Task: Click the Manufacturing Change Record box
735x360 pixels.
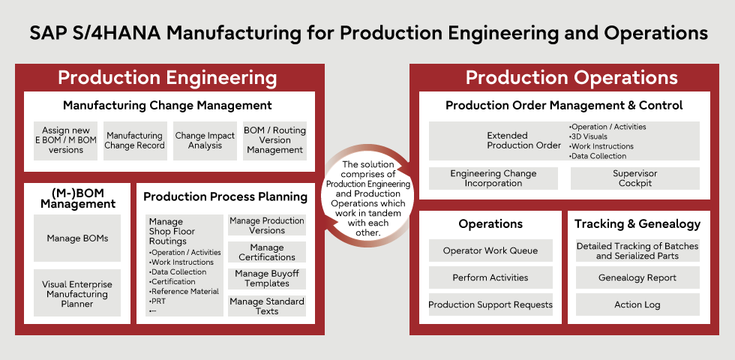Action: (135, 140)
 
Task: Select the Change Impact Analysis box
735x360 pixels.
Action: (205, 140)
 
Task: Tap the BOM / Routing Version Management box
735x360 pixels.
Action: (274, 140)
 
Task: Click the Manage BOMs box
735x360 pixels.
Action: (77, 238)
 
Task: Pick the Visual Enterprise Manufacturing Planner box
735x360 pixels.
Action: (77, 294)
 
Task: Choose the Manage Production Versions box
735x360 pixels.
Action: (267, 226)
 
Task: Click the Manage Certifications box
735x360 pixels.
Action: (267, 252)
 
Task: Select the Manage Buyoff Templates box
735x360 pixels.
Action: (267, 278)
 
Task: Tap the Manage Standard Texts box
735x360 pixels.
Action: (267, 306)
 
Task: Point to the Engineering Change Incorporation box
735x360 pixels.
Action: (493, 178)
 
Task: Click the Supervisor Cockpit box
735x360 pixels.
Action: (634, 178)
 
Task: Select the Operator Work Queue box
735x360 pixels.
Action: (490, 250)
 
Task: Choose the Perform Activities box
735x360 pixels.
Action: (490, 277)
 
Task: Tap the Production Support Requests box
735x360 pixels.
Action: (490, 304)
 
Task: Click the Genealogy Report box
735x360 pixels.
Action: (637, 277)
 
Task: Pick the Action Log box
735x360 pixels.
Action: (637, 304)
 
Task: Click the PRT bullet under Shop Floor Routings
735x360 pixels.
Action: (158, 301)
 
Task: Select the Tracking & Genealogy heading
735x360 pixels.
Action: (637, 223)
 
